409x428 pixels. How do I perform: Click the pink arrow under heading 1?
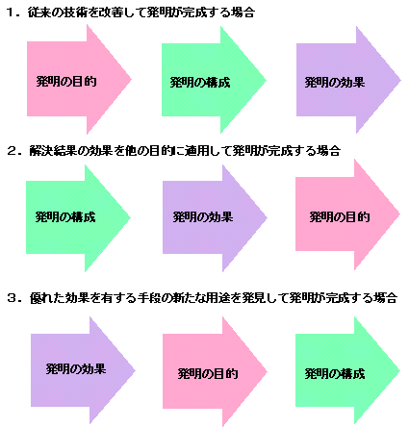[79, 79]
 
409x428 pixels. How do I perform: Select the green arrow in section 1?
[214, 80]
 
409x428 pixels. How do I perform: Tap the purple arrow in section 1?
[348, 80]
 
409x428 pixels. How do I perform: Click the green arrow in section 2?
[78, 218]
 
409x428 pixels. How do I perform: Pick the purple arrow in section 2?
[215, 218]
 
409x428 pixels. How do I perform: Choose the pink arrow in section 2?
[347, 214]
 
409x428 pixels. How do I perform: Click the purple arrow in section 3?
[83, 370]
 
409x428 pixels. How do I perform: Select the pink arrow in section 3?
[215, 371]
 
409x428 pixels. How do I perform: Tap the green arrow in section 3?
[347, 370]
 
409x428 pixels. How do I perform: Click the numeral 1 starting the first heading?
[11, 13]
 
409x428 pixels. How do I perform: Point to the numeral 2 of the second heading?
[12, 151]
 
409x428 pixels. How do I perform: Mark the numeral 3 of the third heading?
[12, 298]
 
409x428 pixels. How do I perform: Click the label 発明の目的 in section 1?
[66, 82]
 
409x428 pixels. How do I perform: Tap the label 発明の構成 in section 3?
[335, 374]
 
